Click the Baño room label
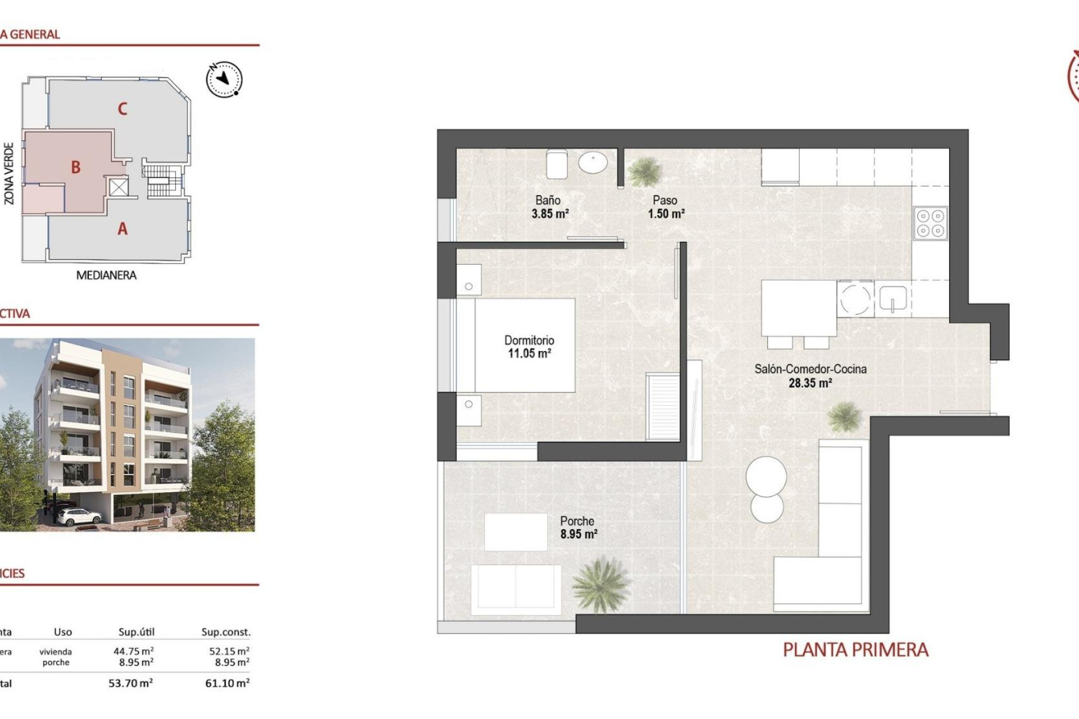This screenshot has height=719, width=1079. tap(547, 200)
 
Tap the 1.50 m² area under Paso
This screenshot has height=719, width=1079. tap(666, 214)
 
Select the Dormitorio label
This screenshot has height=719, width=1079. tap(529, 340)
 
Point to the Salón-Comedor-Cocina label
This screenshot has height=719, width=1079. tap(810, 369)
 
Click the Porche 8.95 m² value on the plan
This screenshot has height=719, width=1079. tap(578, 534)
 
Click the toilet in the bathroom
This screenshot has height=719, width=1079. tap(557, 163)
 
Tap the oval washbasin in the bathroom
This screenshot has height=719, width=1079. tap(593, 163)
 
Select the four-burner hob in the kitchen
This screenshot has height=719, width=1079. tap(930, 223)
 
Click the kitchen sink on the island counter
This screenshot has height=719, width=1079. tap(893, 299)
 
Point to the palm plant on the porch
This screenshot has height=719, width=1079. tap(600, 585)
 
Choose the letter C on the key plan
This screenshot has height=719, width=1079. tap(123, 108)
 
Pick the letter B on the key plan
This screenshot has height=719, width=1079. tap(76, 167)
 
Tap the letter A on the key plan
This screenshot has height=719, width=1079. tap(123, 229)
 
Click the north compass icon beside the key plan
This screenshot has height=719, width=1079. tap(224, 79)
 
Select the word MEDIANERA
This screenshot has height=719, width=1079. tap(106, 275)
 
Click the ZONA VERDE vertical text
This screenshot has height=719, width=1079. tap(9, 173)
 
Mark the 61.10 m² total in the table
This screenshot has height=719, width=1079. tap(227, 684)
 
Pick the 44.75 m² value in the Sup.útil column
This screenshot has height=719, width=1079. tap(133, 652)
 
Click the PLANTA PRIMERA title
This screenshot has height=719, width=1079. tap(855, 650)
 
